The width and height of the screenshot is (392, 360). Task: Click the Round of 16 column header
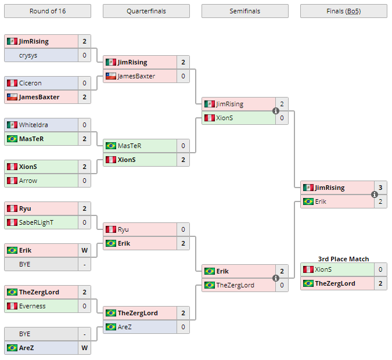click(x=47, y=11)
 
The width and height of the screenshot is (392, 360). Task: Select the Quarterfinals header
click(x=146, y=11)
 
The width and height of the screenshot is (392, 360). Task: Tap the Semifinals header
click(x=244, y=11)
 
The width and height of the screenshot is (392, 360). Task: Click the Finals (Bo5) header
click(x=343, y=11)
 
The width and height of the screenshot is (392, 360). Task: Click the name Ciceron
click(x=30, y=83)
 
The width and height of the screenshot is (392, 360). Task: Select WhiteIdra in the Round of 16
click(x=34, y=125)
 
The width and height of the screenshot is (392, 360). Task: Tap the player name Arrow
click(x=28, y=181)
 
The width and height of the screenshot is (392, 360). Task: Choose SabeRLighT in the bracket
click(x=36, y=222)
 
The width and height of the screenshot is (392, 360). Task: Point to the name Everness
click(x=33, y=306)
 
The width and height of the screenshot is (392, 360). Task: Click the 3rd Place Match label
click(x=343, y=259)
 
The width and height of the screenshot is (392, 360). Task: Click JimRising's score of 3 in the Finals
click(x=380, y=188)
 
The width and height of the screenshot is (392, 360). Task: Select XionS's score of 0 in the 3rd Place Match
click(x=380, y=269)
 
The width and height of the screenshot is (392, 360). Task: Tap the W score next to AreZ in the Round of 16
click(x=84, y=348)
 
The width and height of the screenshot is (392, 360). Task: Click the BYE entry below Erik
click(x=25, y=264)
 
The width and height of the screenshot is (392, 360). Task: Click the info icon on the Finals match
click(x=375, y=195)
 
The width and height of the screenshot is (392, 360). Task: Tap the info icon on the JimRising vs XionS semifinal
click(x=276, y=111)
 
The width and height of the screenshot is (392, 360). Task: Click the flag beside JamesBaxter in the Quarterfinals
click(x=110, y=76)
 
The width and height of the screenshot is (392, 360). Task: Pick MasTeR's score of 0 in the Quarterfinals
click(x=183, y=146)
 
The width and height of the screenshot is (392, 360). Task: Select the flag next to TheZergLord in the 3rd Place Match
click(x=308, y=283)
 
